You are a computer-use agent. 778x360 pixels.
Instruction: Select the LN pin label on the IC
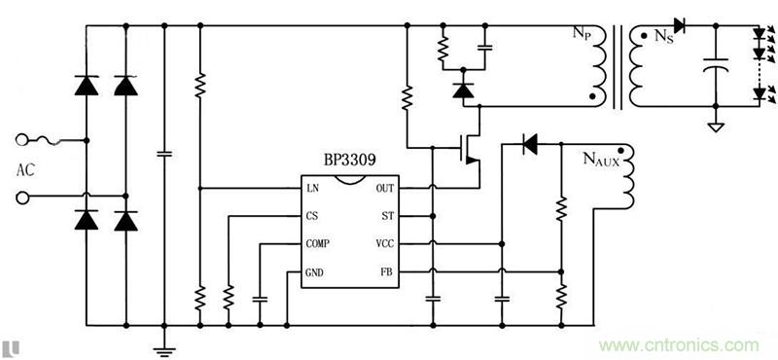(312, 188)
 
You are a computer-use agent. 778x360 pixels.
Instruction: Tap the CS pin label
(311, 216)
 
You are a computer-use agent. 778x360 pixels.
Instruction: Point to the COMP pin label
(317, 243)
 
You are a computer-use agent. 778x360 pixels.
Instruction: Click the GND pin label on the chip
(314, 272)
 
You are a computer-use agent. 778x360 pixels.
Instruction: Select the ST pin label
(387, 216)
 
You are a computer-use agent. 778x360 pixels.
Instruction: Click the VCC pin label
(385, 243)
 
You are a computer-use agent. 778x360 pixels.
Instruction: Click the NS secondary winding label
(663, 38)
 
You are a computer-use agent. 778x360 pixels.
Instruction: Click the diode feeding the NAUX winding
(530, 145)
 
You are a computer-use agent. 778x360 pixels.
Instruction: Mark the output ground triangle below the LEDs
(716, 125)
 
